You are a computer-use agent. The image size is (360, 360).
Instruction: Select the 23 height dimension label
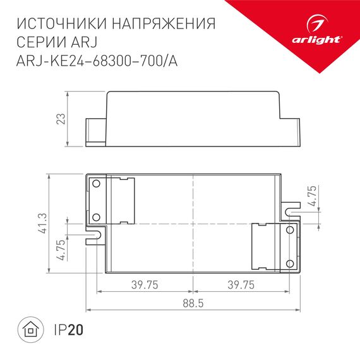(x=61, y=119)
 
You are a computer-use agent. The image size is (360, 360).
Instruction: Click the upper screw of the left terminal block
(x=97, y=184)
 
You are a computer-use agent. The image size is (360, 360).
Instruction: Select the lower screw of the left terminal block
(x=97, y=217)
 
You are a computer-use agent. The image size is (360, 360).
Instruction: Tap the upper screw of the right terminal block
(x=290, y=231)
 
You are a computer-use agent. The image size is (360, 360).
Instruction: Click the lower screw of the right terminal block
(x=290, y=262)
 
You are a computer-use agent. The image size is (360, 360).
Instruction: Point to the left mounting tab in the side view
(x=95, y=131)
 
